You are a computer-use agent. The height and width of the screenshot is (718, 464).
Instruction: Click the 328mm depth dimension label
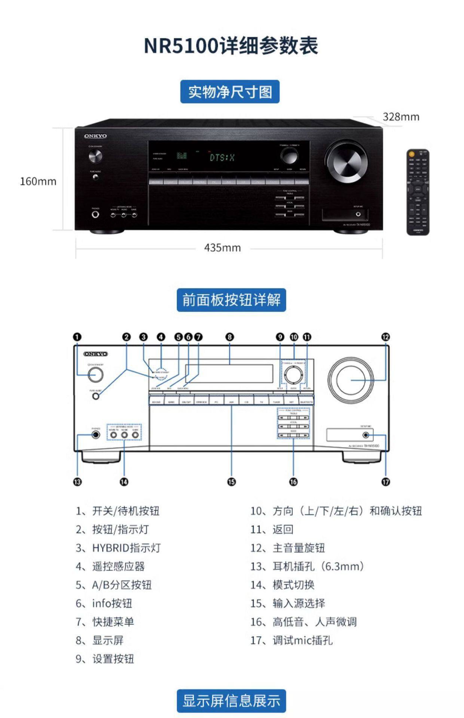tap(401, 117)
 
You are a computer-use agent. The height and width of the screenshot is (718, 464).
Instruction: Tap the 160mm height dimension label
tap(38, 181)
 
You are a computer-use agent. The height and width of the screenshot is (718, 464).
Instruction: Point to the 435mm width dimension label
tap(222, 248)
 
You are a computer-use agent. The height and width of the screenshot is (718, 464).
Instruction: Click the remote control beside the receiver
tap(418, 192)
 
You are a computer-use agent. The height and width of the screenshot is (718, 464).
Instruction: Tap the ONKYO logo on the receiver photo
tap(95, 136)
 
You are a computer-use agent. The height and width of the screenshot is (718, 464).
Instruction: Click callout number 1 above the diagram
tap(77, 337)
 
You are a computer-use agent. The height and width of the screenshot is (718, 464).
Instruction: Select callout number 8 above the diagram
tap(230, 337)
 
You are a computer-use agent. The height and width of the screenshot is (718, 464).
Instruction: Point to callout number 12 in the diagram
tap(385, 337)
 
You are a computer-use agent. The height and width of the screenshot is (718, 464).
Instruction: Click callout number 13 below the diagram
tap(77, 482)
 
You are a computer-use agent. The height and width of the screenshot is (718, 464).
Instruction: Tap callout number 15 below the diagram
tap(232, 482)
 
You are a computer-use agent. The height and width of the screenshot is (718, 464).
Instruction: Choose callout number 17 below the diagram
tap(385, 482)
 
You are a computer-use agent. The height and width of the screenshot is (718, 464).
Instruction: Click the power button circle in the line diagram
tap(95, 374)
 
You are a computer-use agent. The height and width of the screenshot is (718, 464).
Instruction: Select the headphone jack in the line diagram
tap(96, 435)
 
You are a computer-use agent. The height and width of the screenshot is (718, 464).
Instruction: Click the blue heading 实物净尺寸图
tap(230, 92)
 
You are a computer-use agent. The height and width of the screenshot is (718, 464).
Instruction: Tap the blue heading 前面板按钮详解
tap(231, 300)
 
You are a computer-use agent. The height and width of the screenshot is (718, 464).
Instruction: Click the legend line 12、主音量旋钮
tap(287, 548)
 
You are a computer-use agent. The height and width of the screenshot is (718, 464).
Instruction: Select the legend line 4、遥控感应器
tap(110, 566)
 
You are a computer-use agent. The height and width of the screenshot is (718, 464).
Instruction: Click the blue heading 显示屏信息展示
tap(231, 701)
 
